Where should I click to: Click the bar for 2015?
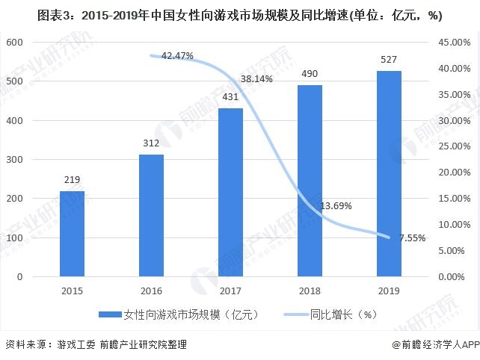coord(72,234)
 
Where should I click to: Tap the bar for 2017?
coord(230,192)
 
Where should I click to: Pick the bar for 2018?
coord(310,181)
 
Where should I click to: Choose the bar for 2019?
coord(389,173)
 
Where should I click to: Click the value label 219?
coord(72,180)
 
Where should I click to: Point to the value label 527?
coord(389,60)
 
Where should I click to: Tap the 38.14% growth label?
coord(256,78)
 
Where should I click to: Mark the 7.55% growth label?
coord(412,238)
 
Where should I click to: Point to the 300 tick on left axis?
coord(15,159)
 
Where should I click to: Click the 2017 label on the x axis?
coord(230,291)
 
